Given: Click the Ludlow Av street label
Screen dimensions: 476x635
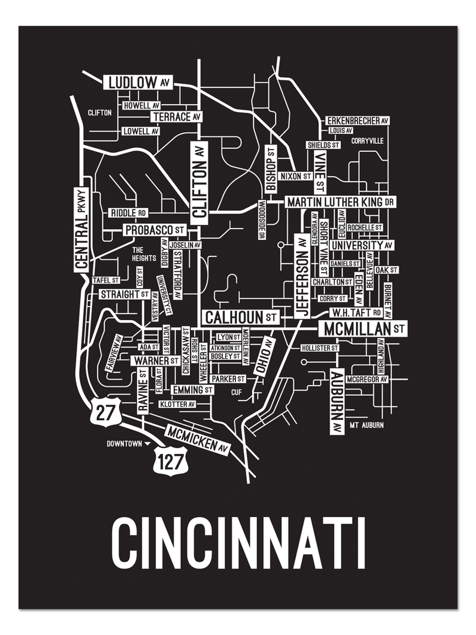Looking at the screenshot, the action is [138, 82].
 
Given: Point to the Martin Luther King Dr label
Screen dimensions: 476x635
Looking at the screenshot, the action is [340, 202].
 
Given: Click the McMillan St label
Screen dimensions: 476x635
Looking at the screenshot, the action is [362, 328].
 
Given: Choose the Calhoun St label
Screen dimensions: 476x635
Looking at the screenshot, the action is [240, 317].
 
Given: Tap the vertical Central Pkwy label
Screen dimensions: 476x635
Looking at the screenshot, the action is [82, 229].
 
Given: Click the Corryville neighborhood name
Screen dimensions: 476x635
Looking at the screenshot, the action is [367, 141].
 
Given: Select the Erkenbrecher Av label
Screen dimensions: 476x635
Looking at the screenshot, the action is [358, 121].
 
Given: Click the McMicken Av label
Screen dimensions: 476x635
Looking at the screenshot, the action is [198, 440].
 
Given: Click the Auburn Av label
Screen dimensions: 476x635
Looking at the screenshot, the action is [336, 402].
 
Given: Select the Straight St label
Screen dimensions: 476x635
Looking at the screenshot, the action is [124, 295].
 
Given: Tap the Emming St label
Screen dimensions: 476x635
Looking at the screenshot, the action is [192, 390].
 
